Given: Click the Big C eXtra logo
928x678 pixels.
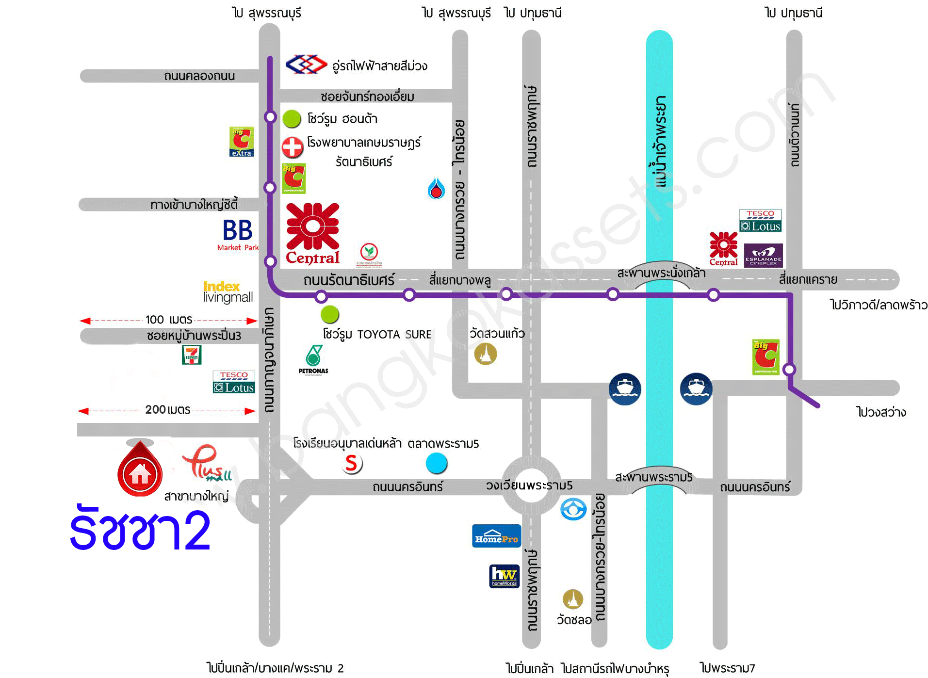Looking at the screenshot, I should click(241, 142).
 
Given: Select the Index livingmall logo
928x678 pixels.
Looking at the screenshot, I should click(228, 292).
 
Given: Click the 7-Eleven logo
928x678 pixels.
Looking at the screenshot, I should click(192, 355).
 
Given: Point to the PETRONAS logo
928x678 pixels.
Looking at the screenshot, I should click(313, 360).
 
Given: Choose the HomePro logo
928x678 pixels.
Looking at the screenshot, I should click(496, 536).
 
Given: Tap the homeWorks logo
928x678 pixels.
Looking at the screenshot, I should click(505, 576).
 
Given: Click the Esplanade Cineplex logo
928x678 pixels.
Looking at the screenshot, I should click(763, 255).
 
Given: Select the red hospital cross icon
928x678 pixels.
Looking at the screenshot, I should click(292, 147).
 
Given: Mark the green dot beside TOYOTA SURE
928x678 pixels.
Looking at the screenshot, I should click(330, 314).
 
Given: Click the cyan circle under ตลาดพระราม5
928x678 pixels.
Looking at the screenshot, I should click(436, 463).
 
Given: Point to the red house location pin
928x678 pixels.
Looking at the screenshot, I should click(140, 470).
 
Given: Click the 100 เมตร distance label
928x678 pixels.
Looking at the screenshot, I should click(168, 320).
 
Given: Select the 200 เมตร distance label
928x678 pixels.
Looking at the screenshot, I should click(167, 410).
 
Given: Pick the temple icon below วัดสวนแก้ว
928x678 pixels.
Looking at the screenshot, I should click(486, 354).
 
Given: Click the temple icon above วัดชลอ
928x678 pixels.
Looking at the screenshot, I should click(573, 599).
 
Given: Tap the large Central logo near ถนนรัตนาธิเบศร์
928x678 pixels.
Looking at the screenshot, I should click(313, 234).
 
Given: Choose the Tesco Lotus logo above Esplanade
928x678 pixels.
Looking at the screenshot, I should click(760, 221).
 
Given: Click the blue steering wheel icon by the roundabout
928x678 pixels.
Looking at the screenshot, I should click(573, 509).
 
